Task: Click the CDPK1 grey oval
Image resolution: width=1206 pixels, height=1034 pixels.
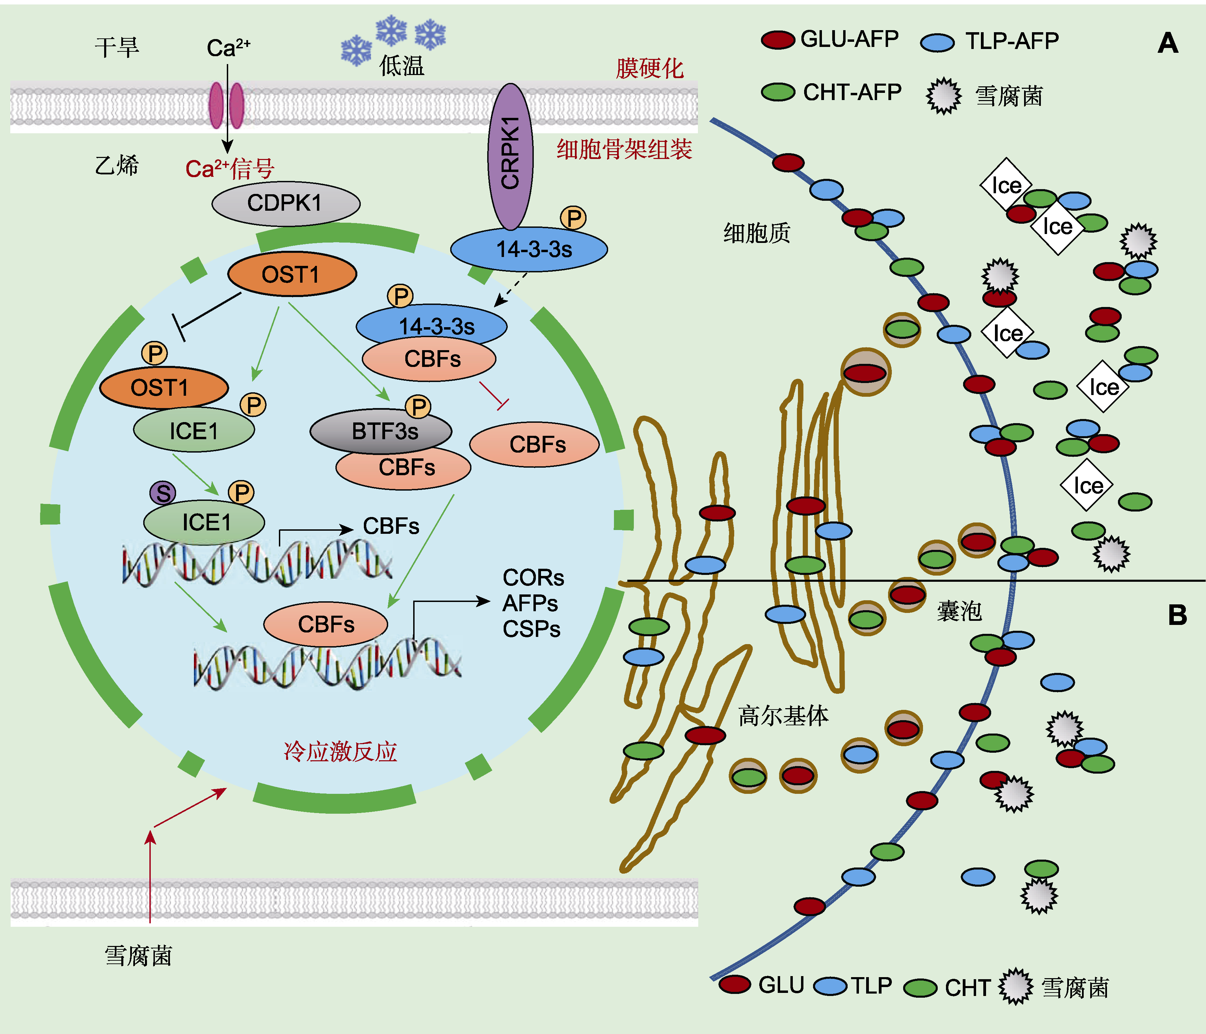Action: [x=285, y=204]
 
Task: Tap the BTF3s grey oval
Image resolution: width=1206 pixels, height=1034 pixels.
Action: [x=381, y=431]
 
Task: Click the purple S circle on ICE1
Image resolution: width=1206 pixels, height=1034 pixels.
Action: [x=163, y=493]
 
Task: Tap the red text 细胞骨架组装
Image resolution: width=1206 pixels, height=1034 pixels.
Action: [x=624, y=149]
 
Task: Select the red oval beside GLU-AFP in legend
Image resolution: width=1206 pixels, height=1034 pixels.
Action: [x=778, y=40]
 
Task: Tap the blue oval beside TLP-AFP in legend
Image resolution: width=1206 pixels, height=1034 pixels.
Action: [x=937, y=42]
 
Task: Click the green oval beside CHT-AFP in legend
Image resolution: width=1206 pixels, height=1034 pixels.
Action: [x=778, y=92]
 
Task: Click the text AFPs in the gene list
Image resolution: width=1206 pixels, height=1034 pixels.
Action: [x=530, y=603]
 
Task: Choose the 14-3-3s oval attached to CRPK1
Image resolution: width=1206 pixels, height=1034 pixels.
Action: [x=529, y=249]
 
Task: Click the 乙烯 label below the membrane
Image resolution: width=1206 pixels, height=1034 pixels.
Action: [x=116, y=166]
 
